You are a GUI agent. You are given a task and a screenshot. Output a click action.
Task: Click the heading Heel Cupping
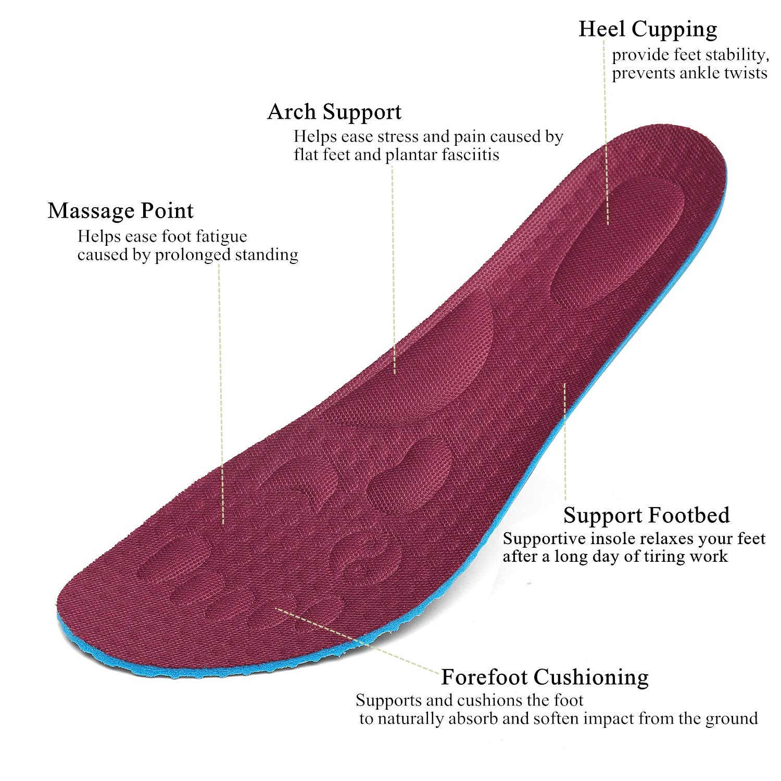tap(648, 30)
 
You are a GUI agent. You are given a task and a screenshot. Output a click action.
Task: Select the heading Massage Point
tap(120, 211)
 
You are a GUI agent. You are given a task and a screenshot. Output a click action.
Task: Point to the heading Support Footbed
tap(646, 515)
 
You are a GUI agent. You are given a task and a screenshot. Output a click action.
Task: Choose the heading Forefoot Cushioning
tap(545, 677)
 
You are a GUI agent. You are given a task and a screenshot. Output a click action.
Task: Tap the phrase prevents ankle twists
tap(689, 73)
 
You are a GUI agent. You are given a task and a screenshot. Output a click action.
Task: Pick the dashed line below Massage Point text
tap(221, 391)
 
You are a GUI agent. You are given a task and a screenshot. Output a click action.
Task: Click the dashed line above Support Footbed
tap(565, 443)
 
